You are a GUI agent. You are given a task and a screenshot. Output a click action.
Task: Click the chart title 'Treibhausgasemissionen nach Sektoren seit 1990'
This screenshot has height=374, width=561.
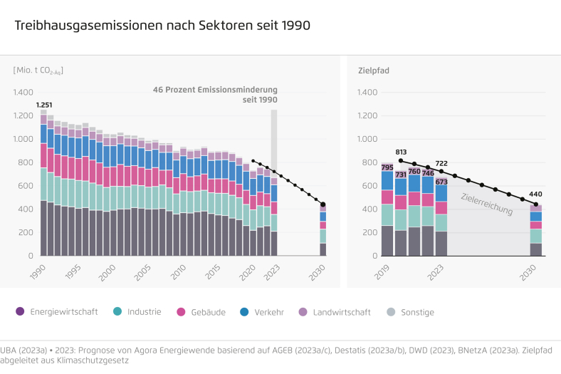pyautogui.click(x=162, y=26)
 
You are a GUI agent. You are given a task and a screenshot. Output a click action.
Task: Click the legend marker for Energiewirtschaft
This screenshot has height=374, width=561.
pyautogui.click(x=20, y=311)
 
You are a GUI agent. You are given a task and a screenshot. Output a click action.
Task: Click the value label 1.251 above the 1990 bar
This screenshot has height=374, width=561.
pyautogui.click(x=44, y=105)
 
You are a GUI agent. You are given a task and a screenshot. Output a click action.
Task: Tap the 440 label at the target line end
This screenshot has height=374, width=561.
pyautogui.click(x=535, y=194)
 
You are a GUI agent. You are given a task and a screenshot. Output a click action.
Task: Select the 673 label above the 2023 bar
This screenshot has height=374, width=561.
pyautogui.click(x=441, y=182)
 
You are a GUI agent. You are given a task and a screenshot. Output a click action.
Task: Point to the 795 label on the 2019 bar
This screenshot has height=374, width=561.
pyautogui.click(x=387, y=167)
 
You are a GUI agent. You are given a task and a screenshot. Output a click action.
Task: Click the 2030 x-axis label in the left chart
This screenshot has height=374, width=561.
pyautogui.click(x=320, y=269)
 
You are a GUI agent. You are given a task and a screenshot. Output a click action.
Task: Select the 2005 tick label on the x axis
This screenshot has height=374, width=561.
pyautogui.click(x=142, y=271)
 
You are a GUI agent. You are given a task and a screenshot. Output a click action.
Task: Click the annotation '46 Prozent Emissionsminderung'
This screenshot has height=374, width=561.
pyautogui.click(x=215, y=90)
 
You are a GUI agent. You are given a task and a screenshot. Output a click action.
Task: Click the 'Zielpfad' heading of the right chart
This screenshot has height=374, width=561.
pyautogui.click(x=373, y=71)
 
